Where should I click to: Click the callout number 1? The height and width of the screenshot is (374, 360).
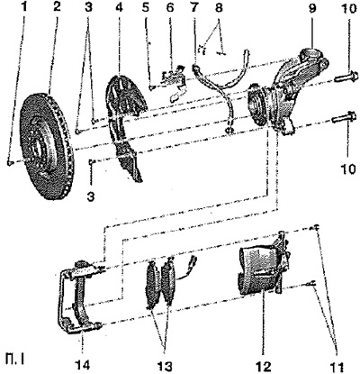pos(24,7)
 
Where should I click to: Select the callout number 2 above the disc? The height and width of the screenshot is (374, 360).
pos(56,7)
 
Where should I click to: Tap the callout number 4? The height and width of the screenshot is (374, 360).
pos(119,7)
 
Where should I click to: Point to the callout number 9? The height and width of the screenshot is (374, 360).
pos(312,8)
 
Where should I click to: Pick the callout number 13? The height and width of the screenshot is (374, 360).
pos(165,366)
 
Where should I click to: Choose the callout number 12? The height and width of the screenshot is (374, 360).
pos(264,367)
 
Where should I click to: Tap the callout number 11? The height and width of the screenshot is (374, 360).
pos(337,367)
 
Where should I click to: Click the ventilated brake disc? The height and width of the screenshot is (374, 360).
pos(47,146)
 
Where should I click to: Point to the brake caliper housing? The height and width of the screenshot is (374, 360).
pos(261,269)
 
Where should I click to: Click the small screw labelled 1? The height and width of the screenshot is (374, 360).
pos(10,162)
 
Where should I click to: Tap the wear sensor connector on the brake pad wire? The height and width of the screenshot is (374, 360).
pos(193,260)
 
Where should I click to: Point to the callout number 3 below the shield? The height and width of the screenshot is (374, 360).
pos(91,196)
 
